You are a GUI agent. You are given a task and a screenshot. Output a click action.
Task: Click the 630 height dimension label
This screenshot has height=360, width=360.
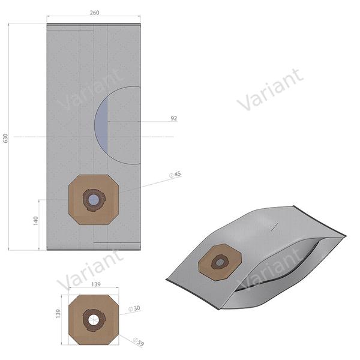click(x=6, y=138)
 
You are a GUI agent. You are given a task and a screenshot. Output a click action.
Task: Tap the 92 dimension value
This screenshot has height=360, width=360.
click(x=173, y=119)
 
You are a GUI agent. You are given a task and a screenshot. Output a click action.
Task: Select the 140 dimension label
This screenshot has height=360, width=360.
click(x=35, y=221)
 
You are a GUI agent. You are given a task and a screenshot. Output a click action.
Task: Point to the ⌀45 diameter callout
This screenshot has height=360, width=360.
click(x=175, y=175)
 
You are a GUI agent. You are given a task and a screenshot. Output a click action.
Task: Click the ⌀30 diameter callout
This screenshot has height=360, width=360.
click(x=137, y=308)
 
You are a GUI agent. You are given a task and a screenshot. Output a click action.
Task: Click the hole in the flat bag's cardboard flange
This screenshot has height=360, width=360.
click(x=94, y=199)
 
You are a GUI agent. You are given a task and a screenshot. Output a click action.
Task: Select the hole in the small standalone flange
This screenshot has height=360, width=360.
click(x=93, y=320)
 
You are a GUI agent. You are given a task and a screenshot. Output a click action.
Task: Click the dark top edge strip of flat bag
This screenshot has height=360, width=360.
click(x=94, y=25)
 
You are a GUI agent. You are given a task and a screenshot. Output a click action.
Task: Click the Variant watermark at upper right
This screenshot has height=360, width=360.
click(x=270, y=90)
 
